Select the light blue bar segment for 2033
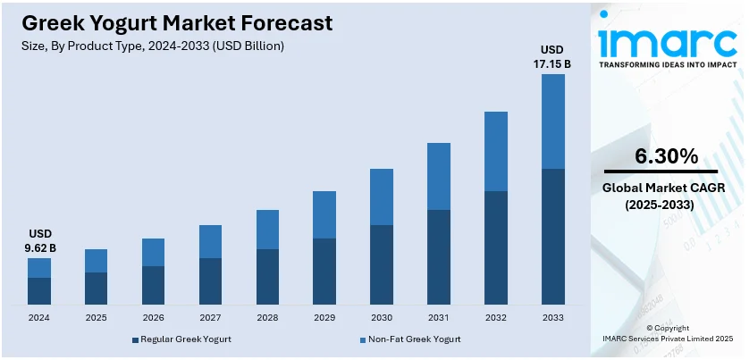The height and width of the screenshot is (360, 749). coord(553,121)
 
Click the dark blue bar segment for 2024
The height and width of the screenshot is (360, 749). coord(39,291)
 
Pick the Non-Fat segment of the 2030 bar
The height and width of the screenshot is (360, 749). coord(382,197)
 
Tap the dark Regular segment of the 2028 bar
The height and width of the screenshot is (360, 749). coord(267,277)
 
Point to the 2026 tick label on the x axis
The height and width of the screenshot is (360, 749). coord(153,316)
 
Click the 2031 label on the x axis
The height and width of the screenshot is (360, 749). coord(439,316)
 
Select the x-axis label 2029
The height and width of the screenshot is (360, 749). coord(324,316)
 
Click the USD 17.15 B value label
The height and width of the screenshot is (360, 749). coord(553,55)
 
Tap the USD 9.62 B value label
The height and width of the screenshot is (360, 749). coord(39,239)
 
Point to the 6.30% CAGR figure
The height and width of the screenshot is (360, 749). coord(666,156)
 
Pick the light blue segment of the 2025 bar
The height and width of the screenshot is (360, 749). coord(97,261)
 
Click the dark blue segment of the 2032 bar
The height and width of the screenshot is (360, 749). coord(496,247)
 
